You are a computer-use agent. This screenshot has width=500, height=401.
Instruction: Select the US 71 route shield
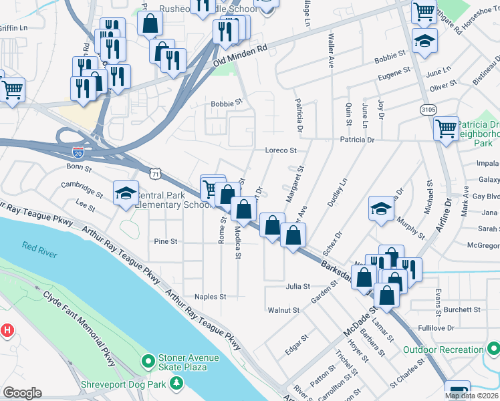coord(155,174)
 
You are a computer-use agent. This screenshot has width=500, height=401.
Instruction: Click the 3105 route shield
coord(429,109)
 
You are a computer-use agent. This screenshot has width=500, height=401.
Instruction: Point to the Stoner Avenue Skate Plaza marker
coord(148,360)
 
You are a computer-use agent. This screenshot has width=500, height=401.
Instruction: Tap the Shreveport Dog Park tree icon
coord(176,383)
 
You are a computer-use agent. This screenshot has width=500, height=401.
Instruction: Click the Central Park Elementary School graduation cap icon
coord(125,193)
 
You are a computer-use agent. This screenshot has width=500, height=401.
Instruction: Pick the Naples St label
coord(211,296)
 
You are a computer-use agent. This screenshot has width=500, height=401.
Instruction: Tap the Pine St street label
coord(165,241)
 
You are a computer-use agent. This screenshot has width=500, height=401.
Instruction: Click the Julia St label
coord(298,286)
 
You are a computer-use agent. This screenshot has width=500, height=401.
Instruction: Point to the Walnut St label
coord(283,310)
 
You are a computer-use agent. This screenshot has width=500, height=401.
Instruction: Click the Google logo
coord(22,394)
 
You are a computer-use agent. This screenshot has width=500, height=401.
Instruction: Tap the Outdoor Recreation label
coord(443,350)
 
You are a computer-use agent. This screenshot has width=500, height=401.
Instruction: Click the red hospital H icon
coord(7,329)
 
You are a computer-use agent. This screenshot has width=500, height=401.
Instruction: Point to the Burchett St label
coord(462,310)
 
